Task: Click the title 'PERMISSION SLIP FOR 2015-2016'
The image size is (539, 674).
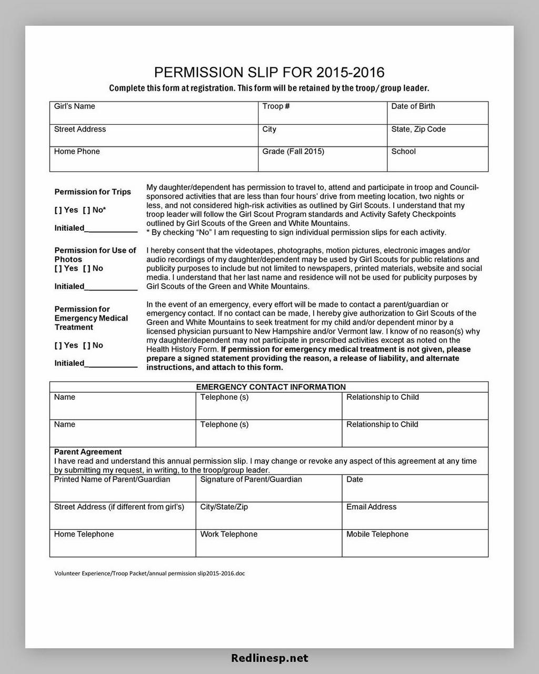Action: [x=269, y=72]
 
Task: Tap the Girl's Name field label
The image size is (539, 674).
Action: [x=74, y=106]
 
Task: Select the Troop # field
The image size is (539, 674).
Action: [x=322, y=113]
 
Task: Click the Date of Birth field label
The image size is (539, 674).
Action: [x=413, y=106]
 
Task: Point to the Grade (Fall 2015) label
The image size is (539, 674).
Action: [x=293, y=152]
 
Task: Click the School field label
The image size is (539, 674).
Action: [x=403, y=152]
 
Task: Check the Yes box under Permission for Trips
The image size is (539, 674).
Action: [x=58, y=210]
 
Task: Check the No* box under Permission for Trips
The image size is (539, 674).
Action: [x=86, y=210]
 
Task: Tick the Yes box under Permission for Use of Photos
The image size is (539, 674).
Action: [x=58, y=269]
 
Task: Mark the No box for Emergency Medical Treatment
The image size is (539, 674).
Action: [x=86, y=345]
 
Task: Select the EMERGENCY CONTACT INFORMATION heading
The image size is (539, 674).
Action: [x=271, y=387]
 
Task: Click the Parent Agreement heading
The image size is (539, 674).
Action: [x=88, y=452]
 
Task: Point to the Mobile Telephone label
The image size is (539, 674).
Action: [x=377, y=534]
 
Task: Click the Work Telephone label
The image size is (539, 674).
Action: [x=228, y=534]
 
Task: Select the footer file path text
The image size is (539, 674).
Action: [x=149, y=573]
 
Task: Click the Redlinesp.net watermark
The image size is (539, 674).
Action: [x=269, y=658]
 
